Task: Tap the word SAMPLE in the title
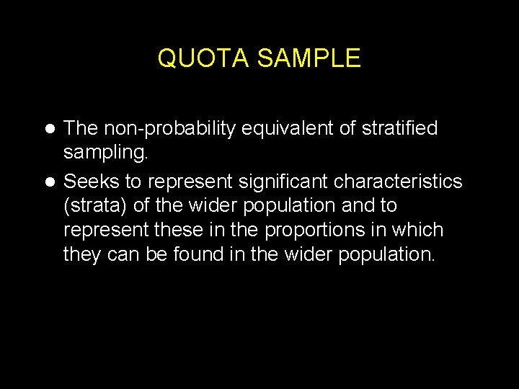308,58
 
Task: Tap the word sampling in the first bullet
106,153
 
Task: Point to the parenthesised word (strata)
96,205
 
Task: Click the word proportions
324,231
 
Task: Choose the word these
188,231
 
